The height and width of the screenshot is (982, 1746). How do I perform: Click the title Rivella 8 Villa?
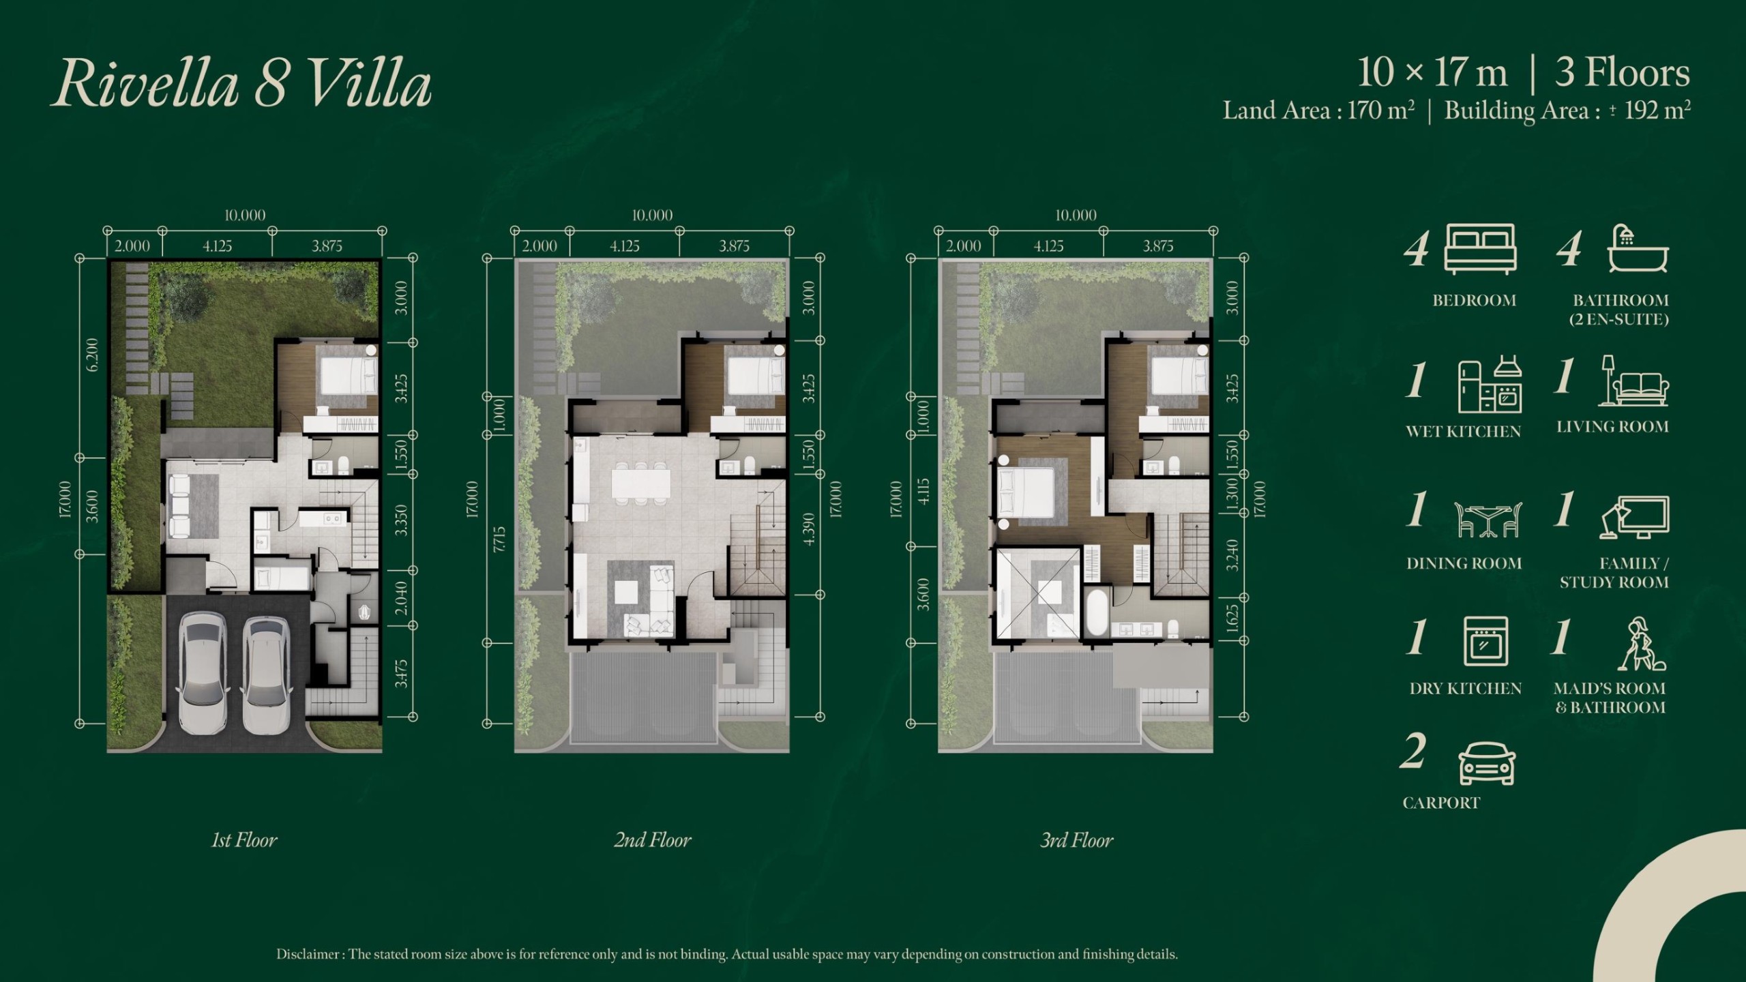241,85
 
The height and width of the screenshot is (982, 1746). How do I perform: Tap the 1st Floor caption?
244,840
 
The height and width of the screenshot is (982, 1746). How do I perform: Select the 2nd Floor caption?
652,840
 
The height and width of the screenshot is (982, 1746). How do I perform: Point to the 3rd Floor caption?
1076,840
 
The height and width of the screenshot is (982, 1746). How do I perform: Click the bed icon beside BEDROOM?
1481,250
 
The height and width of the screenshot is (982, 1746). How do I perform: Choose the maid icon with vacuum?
1640,644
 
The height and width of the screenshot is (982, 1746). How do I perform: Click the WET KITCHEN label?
1463,432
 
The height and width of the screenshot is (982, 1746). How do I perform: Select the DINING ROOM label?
1464,563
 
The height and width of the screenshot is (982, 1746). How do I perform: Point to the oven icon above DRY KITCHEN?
1485,641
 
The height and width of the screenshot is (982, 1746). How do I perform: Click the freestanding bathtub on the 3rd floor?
1097,612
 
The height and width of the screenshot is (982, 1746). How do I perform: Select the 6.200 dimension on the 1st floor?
92,355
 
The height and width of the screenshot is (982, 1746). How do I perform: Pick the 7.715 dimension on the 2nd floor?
499,539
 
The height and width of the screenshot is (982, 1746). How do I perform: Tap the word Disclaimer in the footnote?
308,954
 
